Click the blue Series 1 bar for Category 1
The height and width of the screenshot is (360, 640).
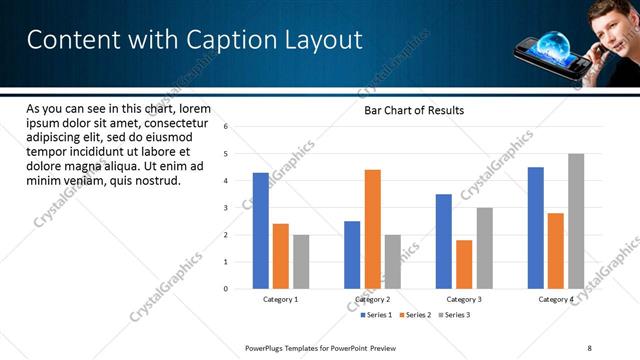point(261,231)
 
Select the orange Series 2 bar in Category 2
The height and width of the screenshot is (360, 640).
point(372,229)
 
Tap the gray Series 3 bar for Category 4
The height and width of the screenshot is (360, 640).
point(576,221)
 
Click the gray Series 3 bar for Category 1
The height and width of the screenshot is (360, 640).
point(301,262)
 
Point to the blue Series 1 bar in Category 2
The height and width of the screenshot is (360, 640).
point(352,255)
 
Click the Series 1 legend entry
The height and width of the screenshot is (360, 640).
point(376,315)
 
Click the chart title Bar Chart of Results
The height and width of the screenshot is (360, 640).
point(413,110)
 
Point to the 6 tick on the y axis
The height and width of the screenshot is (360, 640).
point(227,127)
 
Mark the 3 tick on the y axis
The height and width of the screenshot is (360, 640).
point(227,208)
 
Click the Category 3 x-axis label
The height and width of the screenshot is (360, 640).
point(464,299)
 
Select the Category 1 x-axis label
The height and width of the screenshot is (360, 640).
point(281,299)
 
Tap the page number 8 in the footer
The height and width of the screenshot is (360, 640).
point(589,347)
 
